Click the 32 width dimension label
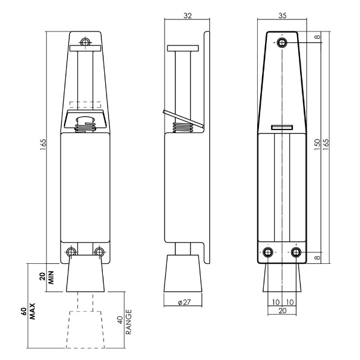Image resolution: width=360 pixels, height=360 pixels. pyautogui.click(x=188, y=16)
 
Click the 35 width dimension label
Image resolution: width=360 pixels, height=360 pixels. pyautogui.click(x=283, y=16)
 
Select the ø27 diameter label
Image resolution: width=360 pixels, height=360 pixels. pyautogui.click(x=185, y=303)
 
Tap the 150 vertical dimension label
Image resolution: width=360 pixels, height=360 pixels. pyautogui.click(x=317, y=145)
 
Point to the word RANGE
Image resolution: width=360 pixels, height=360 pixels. pyautogui.click(x=128, y=322)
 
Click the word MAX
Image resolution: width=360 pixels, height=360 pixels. pyautogui.click(x=33, y=312)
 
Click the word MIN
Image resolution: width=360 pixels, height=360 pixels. pyautogui.click(x=50, y=277)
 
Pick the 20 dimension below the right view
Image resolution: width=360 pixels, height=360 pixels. pyautogui.click(x=283, y=310)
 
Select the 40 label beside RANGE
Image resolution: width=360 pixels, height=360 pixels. pyautogui.click(x=120, y=320)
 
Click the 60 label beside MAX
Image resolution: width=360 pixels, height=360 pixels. pyautogui.click(x=24, y=312)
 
